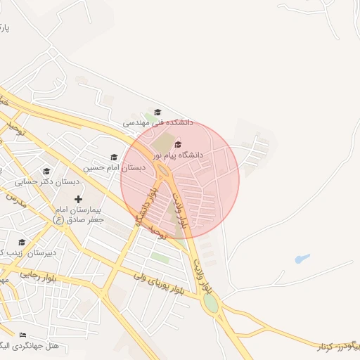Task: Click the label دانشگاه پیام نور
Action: click(178, 154)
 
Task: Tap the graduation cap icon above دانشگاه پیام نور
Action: click(177, 144)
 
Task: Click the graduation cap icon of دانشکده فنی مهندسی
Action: click(157, 112)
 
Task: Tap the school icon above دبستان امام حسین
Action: click(114, 157)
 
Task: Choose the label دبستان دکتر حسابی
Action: click(47, 181)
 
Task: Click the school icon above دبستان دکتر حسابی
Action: click(46, 172)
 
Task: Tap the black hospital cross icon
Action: click(78, 200)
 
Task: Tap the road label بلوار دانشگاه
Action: click(146, 204)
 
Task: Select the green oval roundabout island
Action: click(210, 304)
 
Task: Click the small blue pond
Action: click(302, 259)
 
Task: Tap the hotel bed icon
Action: click(22, 335)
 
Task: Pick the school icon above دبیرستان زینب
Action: click(22, 243)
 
